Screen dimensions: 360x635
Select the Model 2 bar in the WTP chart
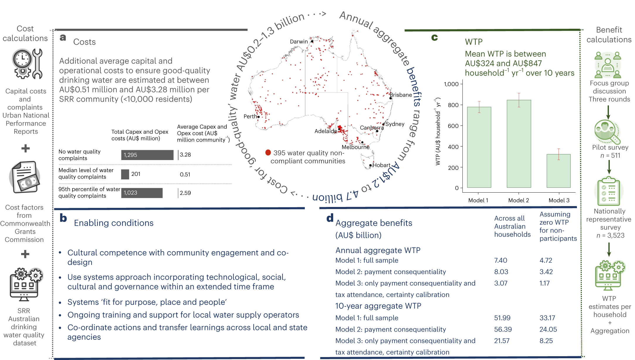519,144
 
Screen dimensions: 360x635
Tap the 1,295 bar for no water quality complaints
147,155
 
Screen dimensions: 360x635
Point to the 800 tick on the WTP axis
453,105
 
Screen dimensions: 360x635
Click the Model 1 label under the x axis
478,200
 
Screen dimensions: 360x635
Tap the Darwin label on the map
299,42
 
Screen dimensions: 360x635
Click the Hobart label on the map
381,165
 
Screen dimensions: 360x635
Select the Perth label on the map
250,116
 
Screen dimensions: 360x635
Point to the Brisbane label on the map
401,95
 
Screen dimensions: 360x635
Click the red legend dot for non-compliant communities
268,152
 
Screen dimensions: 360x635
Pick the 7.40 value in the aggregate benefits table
500,260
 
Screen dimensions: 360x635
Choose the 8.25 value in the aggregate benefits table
546,341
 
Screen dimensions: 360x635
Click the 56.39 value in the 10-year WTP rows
503,329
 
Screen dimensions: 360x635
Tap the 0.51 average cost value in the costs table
185,174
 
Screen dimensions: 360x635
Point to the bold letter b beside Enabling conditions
63,218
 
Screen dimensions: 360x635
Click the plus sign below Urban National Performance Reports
26,148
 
